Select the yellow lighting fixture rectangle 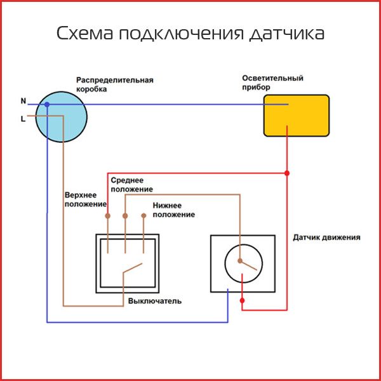click(297, 116)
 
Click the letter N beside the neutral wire click(23, 101)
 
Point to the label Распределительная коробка click(114, 85)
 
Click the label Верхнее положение click(85, 199)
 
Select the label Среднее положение click(131, 185)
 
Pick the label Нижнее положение click(173, 210)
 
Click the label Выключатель click(155, 300)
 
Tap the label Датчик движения click(326, 237)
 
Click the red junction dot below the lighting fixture click(287, 173)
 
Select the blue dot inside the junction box click(47, 104)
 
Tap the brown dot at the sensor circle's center click(240, 260)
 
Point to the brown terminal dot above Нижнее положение click(144, 216)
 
